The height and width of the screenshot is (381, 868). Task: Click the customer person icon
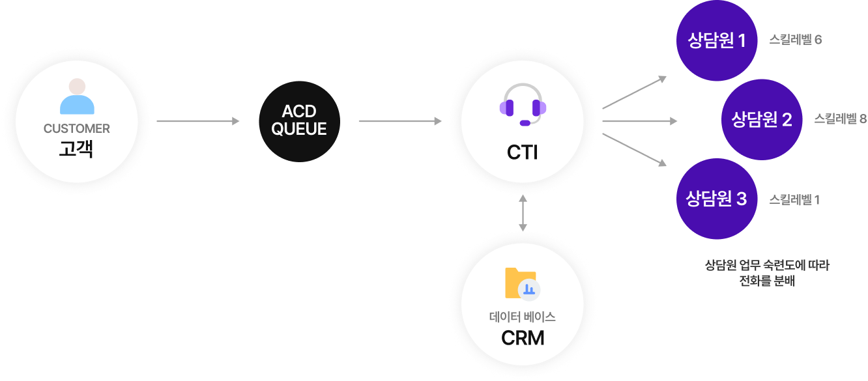click(77, 97)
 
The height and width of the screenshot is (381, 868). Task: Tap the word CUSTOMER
click(77, 129)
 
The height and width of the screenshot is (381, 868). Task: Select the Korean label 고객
click(76, 149)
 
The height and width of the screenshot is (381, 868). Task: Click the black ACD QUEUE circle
click(299, 121)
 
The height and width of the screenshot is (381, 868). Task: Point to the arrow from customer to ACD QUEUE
click(198, 121)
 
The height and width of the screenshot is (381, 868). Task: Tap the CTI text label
click(523, 152)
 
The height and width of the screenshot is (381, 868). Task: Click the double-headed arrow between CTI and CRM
click(523, 213)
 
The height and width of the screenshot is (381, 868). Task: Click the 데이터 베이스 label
click(522, 318)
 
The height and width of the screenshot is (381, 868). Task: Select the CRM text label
click(523, 339)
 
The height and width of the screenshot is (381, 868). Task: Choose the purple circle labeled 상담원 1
click(717, 41)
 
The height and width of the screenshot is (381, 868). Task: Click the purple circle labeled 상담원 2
click(761, 120)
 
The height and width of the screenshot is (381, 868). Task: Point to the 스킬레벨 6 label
click(795, 40)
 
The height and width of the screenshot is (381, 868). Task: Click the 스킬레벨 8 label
click(840, 119)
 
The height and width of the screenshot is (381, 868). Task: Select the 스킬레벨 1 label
click(794, 199)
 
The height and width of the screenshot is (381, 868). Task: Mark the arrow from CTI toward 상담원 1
click(634, 92)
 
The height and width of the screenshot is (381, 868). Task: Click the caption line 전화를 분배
click(767, 281)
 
